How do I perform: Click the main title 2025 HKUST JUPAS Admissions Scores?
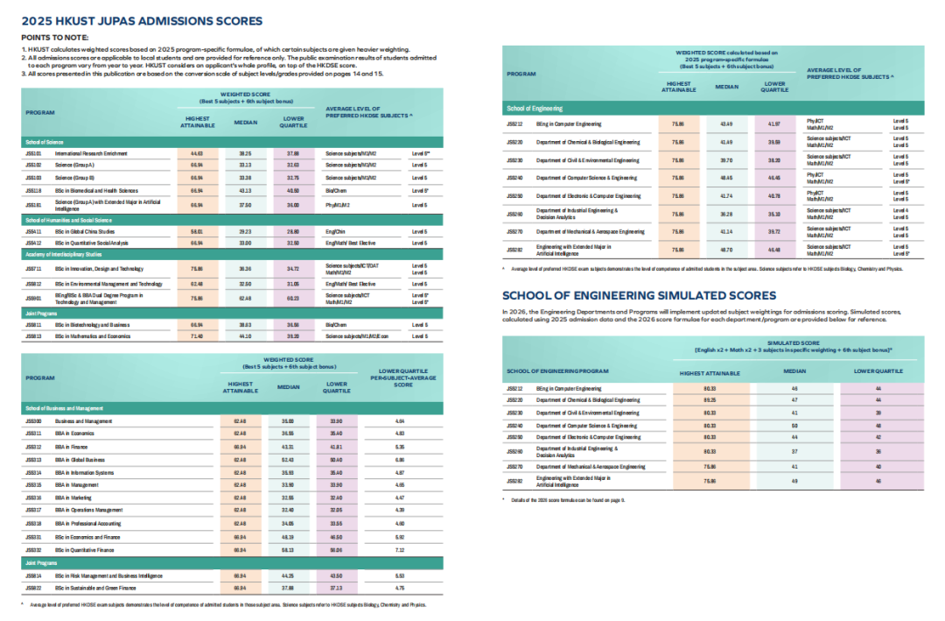[x=140, y=21]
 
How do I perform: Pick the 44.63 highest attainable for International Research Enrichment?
[x=196, y=153]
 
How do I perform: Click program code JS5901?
[x=34, y=299]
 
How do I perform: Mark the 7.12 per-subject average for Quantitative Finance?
[x=401, y=549]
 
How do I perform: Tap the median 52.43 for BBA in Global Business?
[x=288, y=459]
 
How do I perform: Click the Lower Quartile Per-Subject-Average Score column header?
[x=402, y=378]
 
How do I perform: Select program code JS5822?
[x=34, y=588]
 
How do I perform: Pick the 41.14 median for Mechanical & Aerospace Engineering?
[x=726, y=232]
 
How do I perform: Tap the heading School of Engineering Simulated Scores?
[x=639, y=296]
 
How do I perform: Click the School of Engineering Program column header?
[x=557, y=371]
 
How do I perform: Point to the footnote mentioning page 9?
[x=560, y=498]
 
